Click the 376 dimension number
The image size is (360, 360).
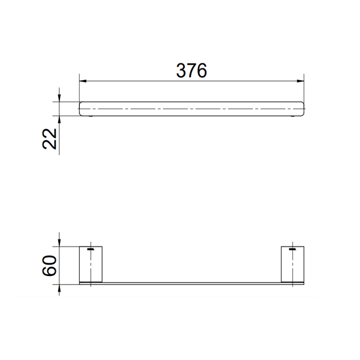point(191,70)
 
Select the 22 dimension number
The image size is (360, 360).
point(50,139)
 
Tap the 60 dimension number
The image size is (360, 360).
point(49,266)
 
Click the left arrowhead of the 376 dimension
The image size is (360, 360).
point(83,81)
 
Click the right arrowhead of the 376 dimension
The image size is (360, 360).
point(301,81)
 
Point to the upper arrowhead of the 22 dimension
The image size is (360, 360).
point(59,98)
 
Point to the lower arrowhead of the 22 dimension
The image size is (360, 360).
point(59,119)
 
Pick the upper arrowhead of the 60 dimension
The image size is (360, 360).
point(59,243)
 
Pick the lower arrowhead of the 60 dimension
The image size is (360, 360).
point(59,289)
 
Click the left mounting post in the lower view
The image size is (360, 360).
point(91,264)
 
